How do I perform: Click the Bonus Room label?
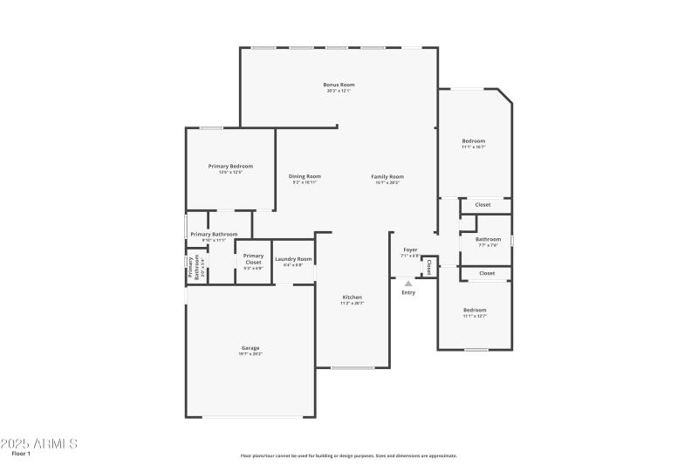(x=339, y=85)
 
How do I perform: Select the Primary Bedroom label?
(x=230, y=166)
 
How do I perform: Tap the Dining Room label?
(x=305, y=176)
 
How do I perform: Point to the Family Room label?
(x=387, y=176)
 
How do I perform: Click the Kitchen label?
(x=352, y=297)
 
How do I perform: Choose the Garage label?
(x=250, y=348)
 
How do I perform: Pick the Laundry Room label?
(x=293, y=259)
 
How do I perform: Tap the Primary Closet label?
(x=253, y=259)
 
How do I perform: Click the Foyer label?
(x=410, y=250)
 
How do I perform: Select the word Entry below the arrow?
(x=408, y=292)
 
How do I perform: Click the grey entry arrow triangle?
(x=408, y=283)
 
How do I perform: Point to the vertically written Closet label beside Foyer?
(x=429, y=266)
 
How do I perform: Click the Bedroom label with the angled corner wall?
(x=474, y=140)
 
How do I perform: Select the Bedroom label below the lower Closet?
(x=475, y=310)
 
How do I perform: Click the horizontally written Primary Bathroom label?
(x=214, y=234)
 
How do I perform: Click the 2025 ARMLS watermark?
(x=39, y=443)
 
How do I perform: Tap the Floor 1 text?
(x=21, y=454)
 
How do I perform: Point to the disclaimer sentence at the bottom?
(x=348, y=455)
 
